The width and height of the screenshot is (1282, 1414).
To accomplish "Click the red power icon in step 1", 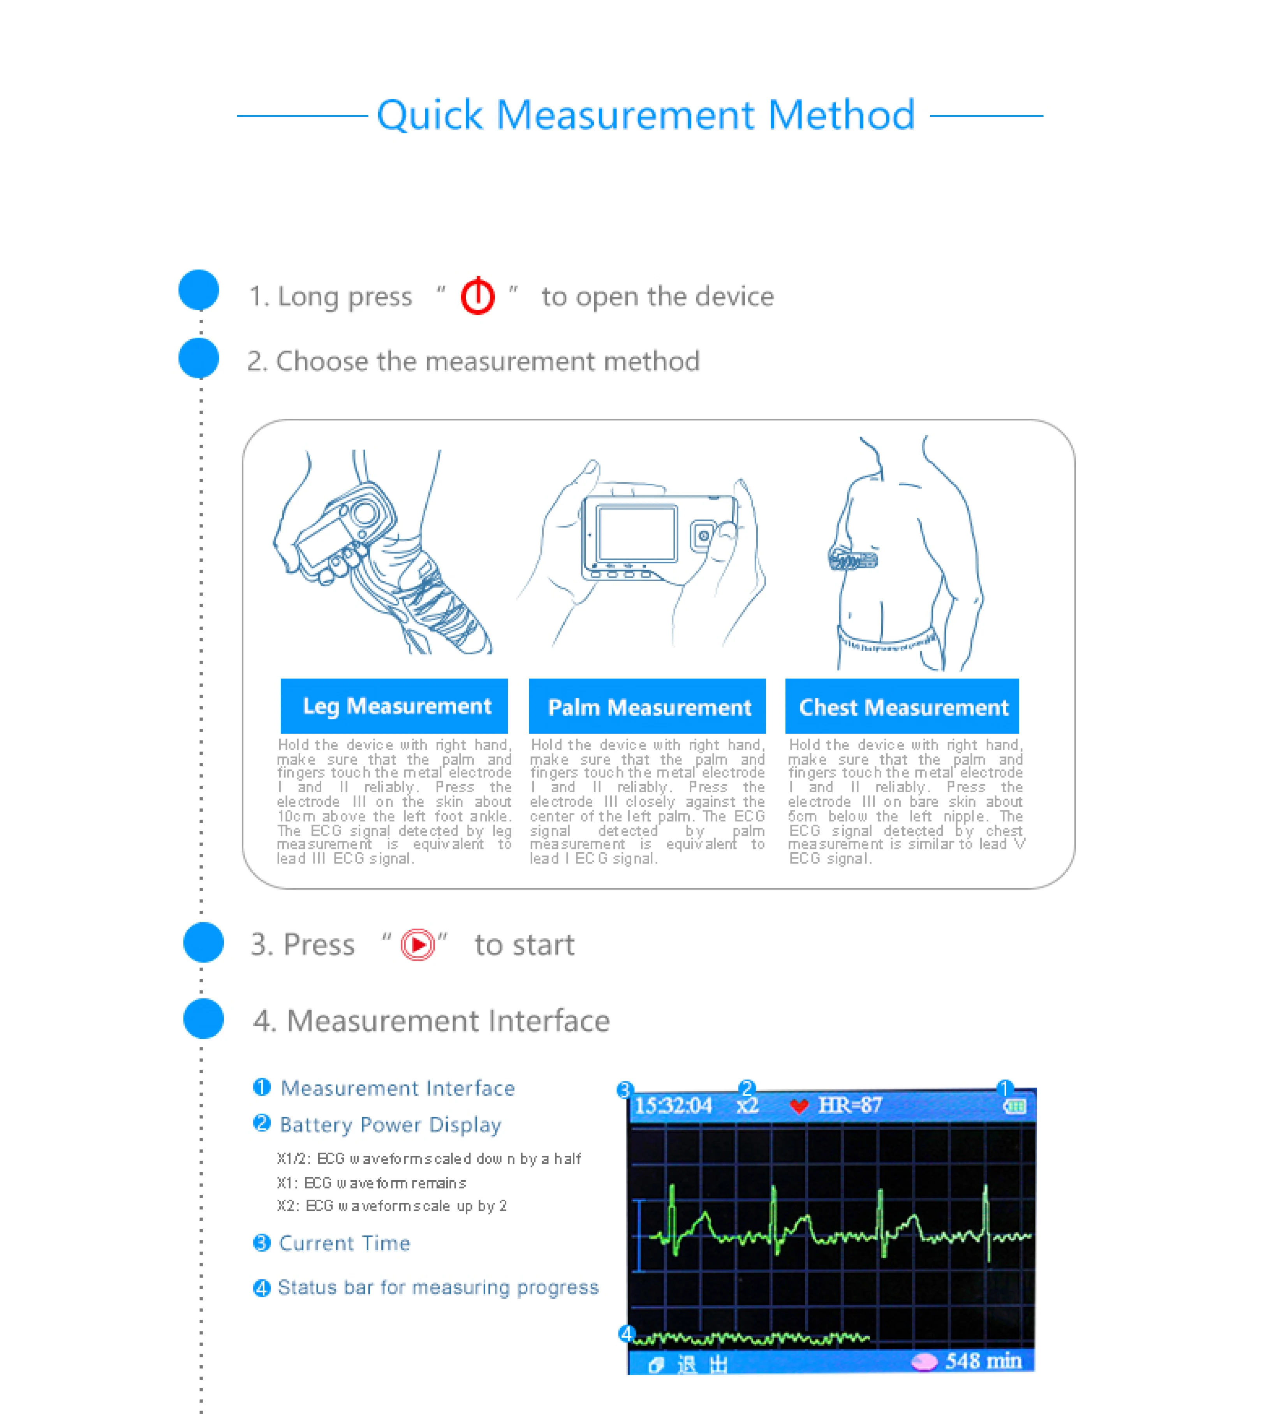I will pyautogui.click(x=477, y=296).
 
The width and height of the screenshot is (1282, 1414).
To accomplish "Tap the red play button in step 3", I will pyautogui.click(x=418, y=944).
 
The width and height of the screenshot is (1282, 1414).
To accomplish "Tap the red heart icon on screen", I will pyautogui.click(x=799, y=1107).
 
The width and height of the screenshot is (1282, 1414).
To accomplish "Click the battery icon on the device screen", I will pyautogui.click(x=1014, y=1107).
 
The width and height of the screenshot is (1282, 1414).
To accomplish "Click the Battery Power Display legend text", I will pyautogui.click(x=390, y=1124).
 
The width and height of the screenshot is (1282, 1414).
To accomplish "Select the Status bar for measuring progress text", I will pyautogui.click(x=438, y=1287).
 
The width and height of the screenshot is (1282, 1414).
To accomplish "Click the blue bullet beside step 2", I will pyautogui.click(x=199, y=358).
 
